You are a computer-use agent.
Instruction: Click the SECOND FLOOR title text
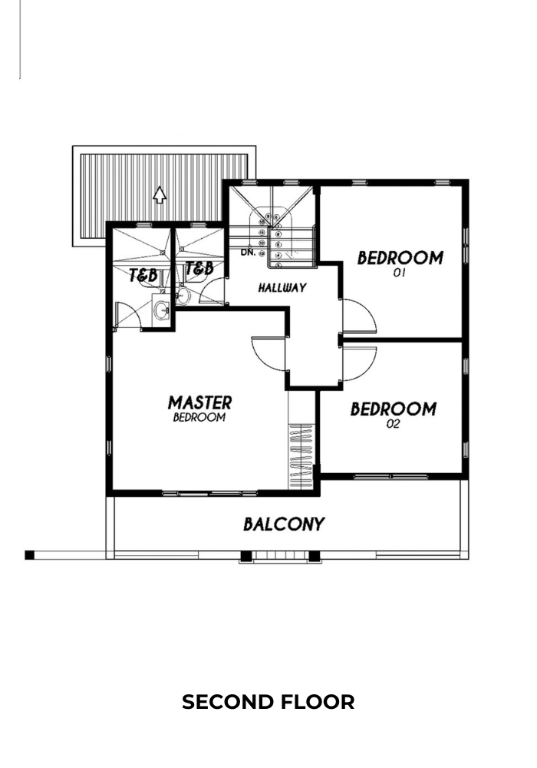pos(268,702)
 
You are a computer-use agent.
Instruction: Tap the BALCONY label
pos(284,524)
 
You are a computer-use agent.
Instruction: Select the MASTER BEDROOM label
pos(199,409)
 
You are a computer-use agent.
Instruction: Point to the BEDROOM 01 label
pos(400,263)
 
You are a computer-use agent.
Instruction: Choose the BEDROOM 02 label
pos(394,415)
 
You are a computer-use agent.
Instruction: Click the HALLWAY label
pos(282,287)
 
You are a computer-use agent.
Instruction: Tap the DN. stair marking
pos(248,252)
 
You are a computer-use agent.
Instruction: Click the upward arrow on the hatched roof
pos(160,194)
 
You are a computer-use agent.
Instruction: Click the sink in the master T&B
pos(161,309)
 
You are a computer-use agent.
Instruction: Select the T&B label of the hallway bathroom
pos(199,268)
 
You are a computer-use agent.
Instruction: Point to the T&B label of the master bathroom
pos(143,275)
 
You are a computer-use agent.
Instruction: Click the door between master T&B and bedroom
pos(127,316)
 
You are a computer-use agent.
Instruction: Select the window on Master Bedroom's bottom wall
pos(209,493)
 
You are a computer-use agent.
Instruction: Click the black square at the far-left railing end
pos(29,555)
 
